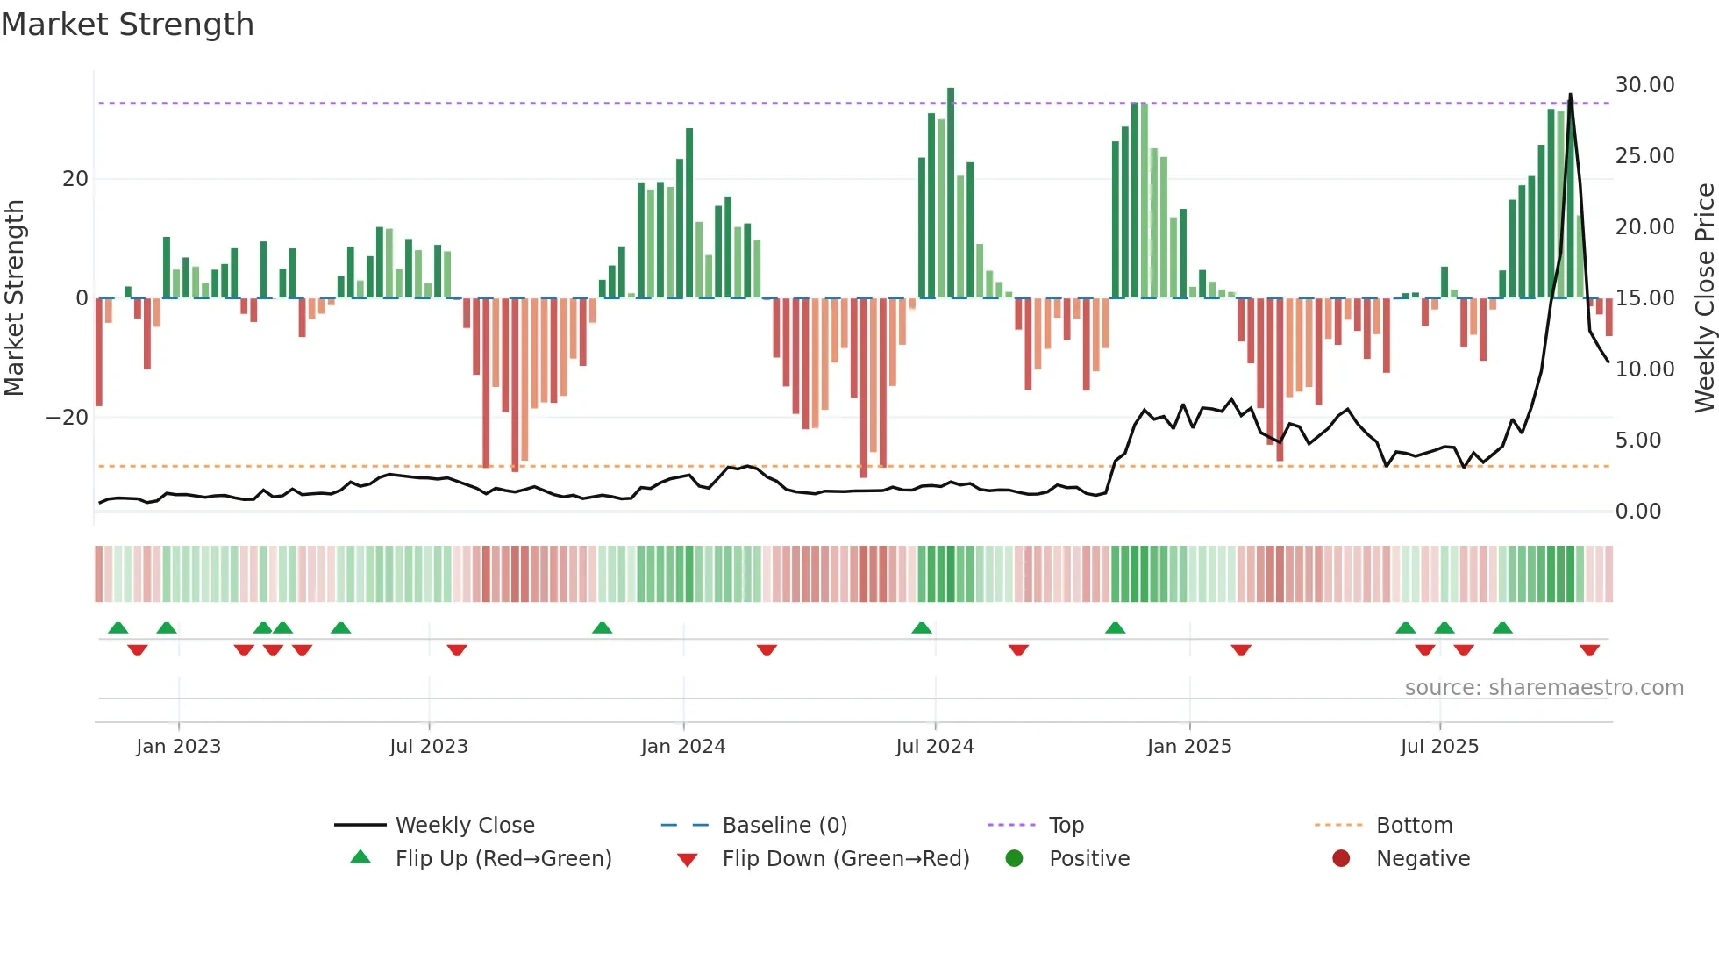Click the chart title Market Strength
(127, 25)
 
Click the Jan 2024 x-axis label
(682, 747)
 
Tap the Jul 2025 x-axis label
(1439, 747)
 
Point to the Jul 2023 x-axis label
(429, 747)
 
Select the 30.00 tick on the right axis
(1644, 85)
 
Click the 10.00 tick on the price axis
(1644, 369)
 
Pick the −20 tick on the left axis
(68, 418)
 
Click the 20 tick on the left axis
(75, 179)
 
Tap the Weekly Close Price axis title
(1704, 297)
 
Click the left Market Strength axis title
(15, 297)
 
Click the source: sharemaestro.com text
(1544, 688)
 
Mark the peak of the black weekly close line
(1570, 94)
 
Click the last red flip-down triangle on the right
(1589, 650)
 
